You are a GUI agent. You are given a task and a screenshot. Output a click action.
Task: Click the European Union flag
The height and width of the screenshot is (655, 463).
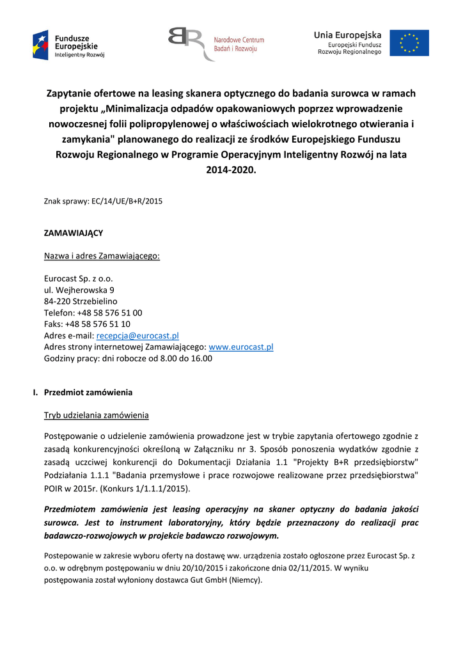[x=409, y=43]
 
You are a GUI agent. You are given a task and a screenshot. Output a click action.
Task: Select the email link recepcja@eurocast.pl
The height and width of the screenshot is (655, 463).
[x=137, y=335]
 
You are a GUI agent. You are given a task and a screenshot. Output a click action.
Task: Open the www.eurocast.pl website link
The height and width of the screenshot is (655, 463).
[x=241, y=347]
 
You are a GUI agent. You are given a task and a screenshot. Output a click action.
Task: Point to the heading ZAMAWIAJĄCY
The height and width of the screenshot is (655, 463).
[x=73, y=233]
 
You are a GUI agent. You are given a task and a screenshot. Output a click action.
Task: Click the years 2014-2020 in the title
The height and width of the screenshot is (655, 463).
[x=231, y=170]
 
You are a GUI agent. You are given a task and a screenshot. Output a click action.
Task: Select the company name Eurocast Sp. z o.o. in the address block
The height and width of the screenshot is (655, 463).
[x=78, y=278]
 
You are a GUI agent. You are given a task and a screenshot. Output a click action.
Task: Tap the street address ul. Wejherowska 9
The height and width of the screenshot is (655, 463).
[x=79, y=290]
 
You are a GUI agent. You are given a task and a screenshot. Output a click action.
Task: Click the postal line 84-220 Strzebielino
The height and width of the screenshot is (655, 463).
[x=81, y=301]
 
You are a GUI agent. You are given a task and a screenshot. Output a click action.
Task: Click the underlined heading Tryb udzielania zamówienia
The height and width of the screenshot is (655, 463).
[x=96, y=415]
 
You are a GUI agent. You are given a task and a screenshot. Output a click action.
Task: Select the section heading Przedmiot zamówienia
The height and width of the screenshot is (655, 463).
[x=88, y=392]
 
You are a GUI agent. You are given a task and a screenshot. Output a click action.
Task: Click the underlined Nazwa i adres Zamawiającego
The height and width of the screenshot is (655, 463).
[x=102, y=256]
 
